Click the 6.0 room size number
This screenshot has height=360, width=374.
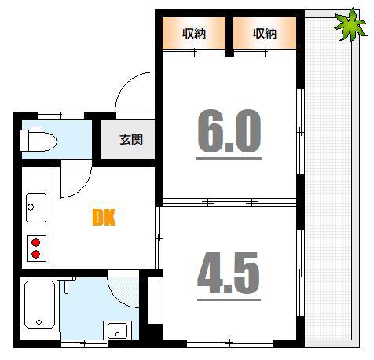click(x=229, y=131)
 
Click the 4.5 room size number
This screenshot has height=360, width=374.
click(x=229, y=273)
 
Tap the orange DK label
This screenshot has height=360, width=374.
click(x=104, y=218)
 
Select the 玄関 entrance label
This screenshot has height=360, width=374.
click(x=131, y=140)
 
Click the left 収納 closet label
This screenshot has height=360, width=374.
click(x=194, y=34)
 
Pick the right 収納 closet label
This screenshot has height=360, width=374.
click(x=265, y=34)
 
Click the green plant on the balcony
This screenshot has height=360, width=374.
click(x=350, y=25)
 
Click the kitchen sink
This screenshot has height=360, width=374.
click(x=36, y=208)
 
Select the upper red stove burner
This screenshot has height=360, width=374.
click(x=35, y=242)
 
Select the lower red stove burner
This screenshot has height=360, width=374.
click(x=35, y=254)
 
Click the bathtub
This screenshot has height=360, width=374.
click(x=39, y=304)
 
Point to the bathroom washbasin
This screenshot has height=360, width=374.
click(x=117, y=330)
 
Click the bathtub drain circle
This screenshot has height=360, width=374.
click(x=39, y=322)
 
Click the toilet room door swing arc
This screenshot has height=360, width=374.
click(x=84, y=187)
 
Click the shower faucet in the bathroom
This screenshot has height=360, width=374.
click(x=66, y=285)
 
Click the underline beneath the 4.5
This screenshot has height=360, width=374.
click(x=229, y=299)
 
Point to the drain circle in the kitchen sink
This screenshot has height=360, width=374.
click(x=31, y=208)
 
